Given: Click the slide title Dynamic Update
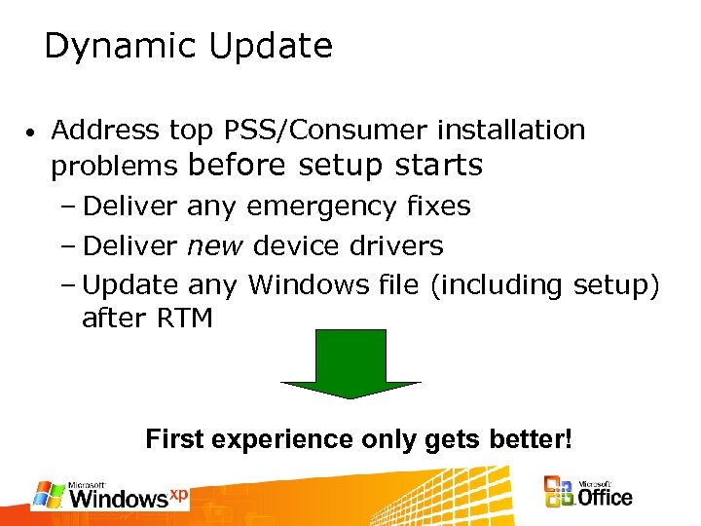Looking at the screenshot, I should (188, 46).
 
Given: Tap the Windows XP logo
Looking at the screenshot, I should (110, 495).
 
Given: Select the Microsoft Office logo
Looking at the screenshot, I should (587, 493).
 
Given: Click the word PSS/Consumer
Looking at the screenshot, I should (326, 130).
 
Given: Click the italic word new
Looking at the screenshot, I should (214, 245).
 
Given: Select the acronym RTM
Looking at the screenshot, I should (182, 318).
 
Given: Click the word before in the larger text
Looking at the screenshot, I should (237, 166).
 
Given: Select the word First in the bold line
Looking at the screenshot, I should (174, 439).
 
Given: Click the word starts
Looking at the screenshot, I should (438, 166).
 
